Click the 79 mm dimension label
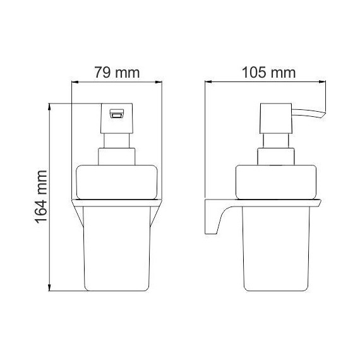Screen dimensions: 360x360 [117, 73]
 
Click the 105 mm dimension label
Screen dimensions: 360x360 [268, 73]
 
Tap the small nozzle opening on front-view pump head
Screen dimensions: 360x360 [116, 114]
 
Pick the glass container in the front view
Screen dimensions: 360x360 [117, 246]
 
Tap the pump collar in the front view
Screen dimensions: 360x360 [116, 157]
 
